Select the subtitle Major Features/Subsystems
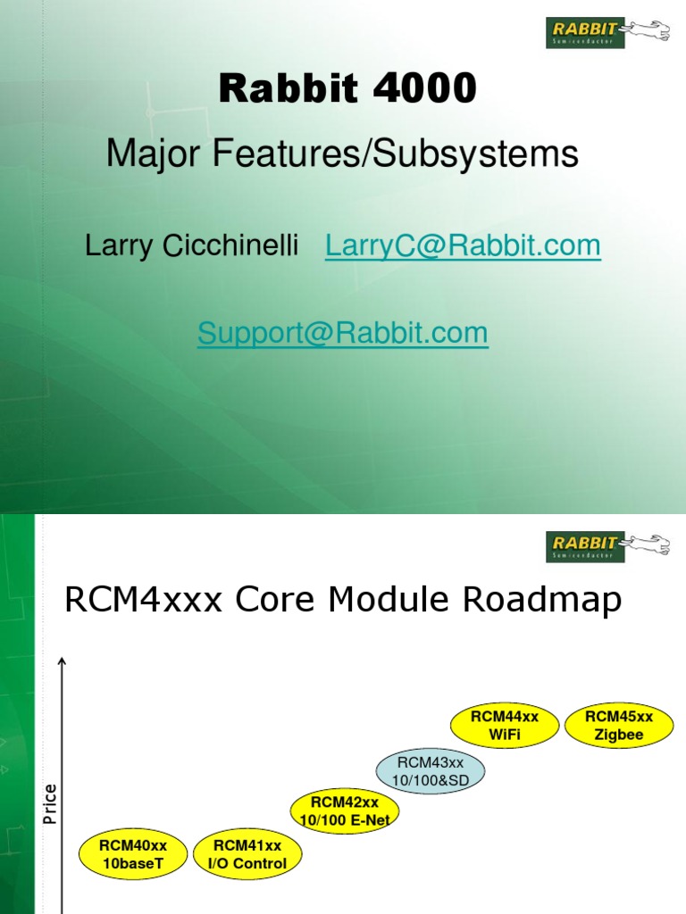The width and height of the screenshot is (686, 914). click(x=342, y=154)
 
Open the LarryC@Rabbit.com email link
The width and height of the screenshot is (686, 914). click(x=463, y=246)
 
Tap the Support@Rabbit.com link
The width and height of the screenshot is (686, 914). click(x=342, y=333)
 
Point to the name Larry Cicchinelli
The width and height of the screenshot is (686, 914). click(x=191, y=246)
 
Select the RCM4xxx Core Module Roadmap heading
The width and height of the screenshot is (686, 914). click(x=342, y=601)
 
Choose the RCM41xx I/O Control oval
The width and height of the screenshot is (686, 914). click(x=247, y=853)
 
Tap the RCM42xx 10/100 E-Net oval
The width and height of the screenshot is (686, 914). click(x=345, y=810)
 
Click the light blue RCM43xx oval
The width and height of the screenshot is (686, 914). click(x=431, y=770)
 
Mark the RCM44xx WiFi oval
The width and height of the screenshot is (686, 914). click(x=505, y=726)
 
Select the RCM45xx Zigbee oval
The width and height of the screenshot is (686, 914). click(x=619, y=726)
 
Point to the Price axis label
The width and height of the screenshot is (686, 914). click(x=50, y=803)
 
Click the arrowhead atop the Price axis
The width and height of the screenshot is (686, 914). click(x=63, y=661)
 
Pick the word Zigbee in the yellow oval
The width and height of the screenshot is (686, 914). click(x=619, y=735)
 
